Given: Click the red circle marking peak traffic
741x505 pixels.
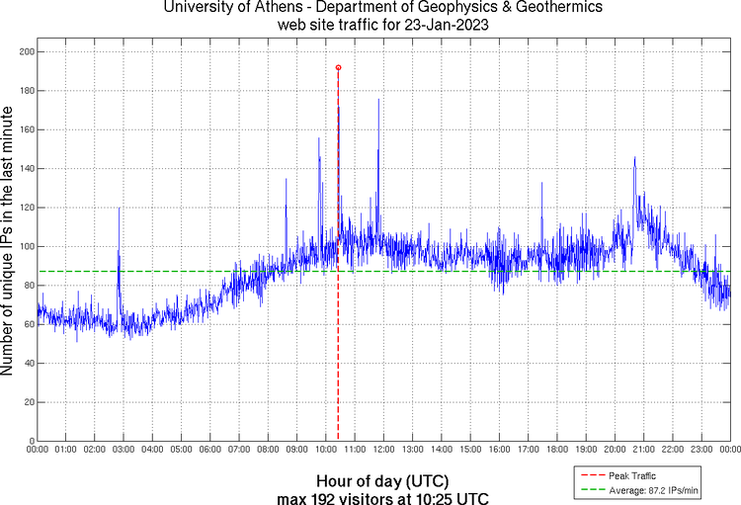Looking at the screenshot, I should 338,67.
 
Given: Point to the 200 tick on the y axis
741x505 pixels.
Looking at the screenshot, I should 27,51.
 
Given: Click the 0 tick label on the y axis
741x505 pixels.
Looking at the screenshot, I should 31,441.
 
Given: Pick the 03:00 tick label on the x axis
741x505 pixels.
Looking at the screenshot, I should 124,450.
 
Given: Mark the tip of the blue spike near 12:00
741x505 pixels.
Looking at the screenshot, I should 377,99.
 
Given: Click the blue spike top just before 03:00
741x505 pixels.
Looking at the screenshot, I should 119,208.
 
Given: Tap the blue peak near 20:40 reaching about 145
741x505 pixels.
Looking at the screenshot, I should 634,157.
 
